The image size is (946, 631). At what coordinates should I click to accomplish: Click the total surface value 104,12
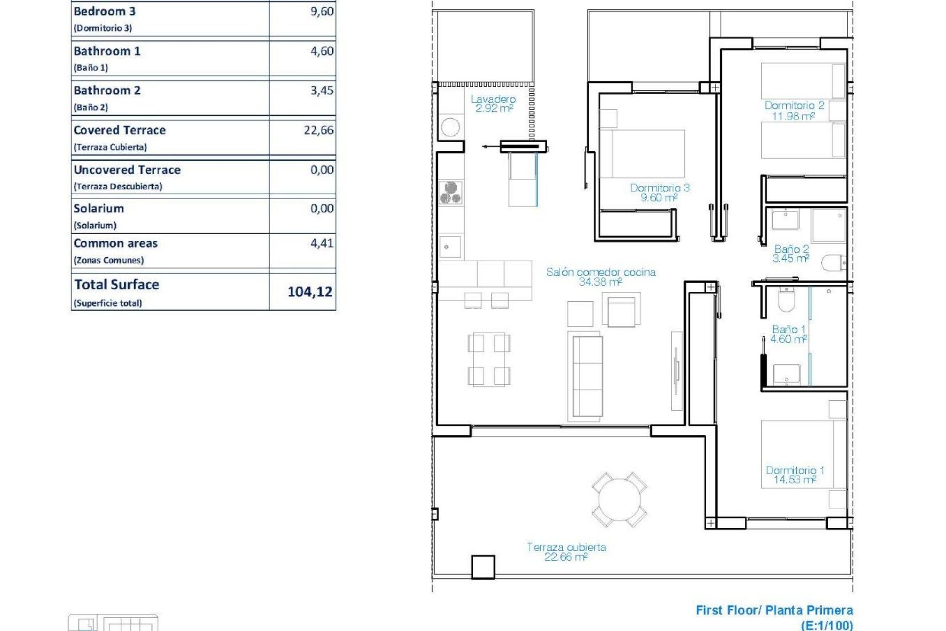tap(309, 292)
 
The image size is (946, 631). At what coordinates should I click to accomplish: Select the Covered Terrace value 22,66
tap(318, 130)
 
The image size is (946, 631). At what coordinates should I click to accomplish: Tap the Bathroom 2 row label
tap(107, 91)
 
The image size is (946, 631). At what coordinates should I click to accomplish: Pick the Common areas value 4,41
tap(321, 243)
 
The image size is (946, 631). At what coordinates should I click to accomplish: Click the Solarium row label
tap(99, 209)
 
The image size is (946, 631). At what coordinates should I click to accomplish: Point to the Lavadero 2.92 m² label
tap(493, 104)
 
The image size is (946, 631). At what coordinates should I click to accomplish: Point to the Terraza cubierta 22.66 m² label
tap(566, 552)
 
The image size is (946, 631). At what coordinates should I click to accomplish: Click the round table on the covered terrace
tap(619, 499)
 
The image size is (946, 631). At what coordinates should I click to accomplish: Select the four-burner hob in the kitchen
tap(450, 192)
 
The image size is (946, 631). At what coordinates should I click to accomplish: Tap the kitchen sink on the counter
tap(450, 246)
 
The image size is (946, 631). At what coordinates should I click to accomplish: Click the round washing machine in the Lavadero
tap(450, 127)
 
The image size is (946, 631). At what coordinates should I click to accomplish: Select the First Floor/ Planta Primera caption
tap(774, 610)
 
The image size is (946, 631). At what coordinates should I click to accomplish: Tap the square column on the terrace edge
tap(483, 567)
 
